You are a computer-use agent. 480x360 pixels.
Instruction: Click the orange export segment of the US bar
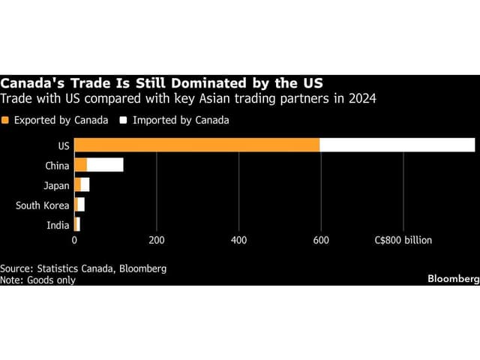196,145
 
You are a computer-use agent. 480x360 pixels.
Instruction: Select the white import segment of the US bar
397,145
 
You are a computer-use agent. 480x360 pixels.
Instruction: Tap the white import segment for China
105,165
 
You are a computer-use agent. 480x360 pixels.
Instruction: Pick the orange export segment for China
80,165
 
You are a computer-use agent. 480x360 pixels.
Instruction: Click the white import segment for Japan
85,184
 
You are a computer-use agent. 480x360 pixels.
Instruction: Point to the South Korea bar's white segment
81,204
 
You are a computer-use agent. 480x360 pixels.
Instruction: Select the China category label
57,165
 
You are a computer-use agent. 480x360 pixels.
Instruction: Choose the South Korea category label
42,204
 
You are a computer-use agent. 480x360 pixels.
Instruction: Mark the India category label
58,223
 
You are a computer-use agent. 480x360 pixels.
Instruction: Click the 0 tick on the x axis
74,241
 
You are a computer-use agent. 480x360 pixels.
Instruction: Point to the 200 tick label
156,241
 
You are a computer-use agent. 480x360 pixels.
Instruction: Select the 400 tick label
238,241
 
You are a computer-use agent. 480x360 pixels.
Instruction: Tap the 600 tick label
321,241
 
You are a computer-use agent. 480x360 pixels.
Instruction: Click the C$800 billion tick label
409,241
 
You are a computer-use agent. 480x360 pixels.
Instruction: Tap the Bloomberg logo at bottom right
452,279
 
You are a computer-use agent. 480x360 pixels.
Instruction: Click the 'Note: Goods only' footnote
37,280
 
